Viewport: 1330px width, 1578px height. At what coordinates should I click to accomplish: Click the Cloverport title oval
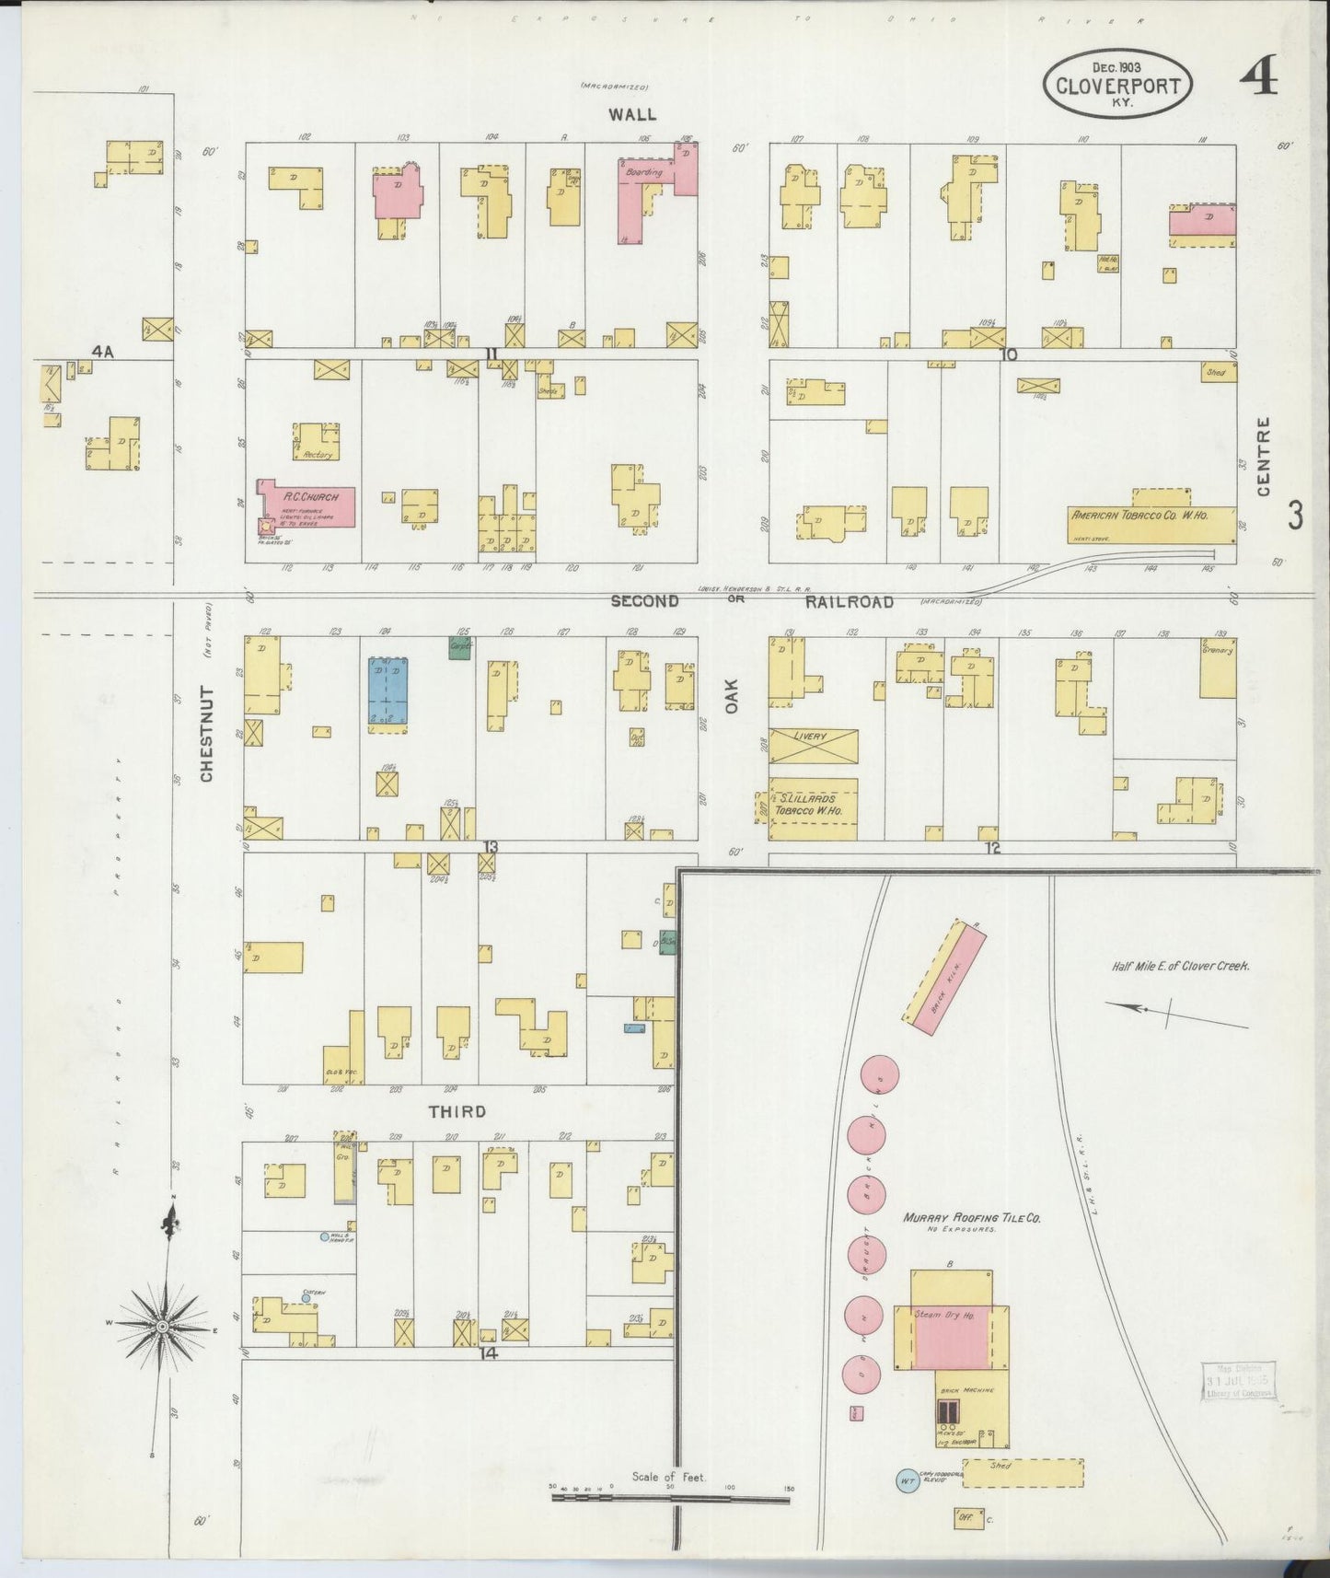[x=1117, y=82]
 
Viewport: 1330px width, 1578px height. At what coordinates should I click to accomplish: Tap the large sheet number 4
[x=1258, y=80]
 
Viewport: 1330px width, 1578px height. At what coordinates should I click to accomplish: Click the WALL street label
[x=632, y=114]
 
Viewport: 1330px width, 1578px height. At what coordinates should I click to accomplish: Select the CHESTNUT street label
[x=206, y=734]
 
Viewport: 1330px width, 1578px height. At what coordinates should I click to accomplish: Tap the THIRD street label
[x=457, y=1112]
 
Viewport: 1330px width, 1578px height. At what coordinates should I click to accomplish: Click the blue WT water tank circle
[x=908, y=1481]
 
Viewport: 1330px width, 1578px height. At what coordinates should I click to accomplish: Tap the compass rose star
[x=164, y=1325]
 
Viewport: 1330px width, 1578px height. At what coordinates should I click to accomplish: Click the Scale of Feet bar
[x=670, y=1499]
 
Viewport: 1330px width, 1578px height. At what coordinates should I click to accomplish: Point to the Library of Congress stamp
[x=1240, y=1381]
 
